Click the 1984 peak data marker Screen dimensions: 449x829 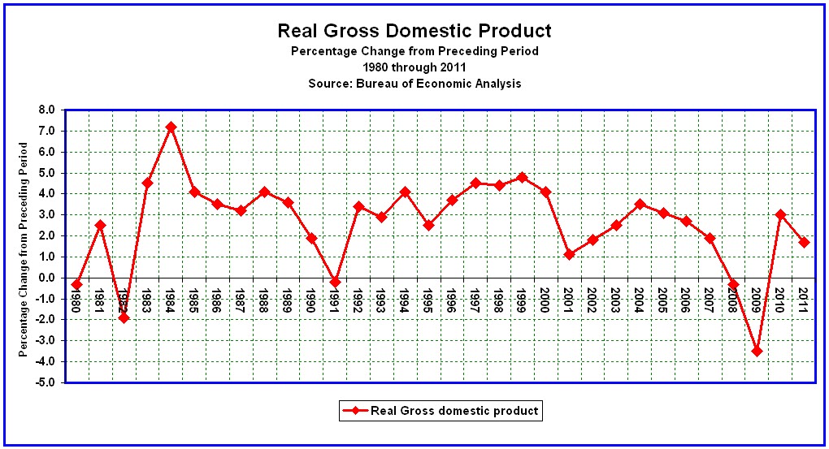click(171, 127)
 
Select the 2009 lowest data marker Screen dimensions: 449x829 click(757, 351)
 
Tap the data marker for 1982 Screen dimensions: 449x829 click(124, 317)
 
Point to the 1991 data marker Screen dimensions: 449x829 click(335, 282)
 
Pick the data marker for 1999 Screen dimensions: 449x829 click(522, 177)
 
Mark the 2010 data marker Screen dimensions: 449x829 click(780, 214)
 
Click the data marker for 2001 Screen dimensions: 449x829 click(569, 254)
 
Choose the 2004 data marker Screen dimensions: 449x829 click(640, 205)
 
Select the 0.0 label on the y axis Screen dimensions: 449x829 click(46, 278)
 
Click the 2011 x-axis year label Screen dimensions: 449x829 click(803, 299)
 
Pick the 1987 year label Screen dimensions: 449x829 click(240, 299)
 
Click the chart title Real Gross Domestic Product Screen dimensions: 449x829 click(414, 31)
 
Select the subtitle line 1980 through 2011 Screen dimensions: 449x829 click(414, 67)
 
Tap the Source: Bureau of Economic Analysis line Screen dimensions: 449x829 click(414, 83)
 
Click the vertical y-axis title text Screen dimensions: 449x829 click(24, 249)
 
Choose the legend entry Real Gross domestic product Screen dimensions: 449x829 click(454, 411)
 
